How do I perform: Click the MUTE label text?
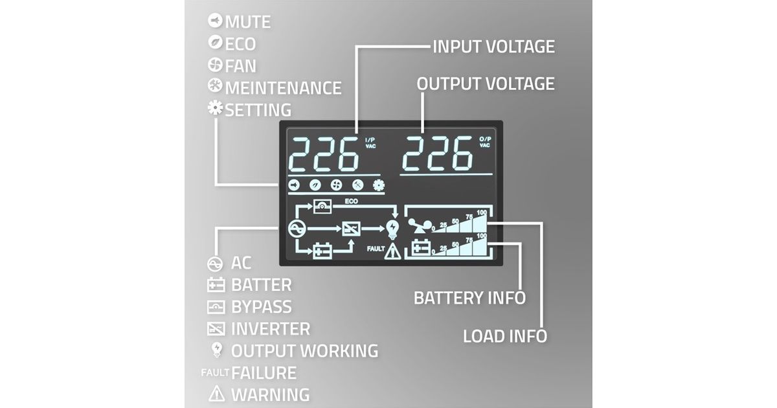248,22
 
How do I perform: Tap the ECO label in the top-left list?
240,44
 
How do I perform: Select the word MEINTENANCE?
283,87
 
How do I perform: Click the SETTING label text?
258,109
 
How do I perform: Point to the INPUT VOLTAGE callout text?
493,47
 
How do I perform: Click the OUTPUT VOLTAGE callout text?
486,84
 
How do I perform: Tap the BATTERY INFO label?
469,299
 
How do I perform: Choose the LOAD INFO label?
505,336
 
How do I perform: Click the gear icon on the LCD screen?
379,185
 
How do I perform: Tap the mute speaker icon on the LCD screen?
293,185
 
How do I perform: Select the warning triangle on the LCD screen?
392,251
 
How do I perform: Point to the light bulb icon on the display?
392,228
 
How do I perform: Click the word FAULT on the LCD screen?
376,249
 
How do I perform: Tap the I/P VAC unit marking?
370,142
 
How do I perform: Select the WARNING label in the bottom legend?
270,394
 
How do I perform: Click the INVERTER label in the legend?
270,329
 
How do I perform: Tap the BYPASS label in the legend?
261,307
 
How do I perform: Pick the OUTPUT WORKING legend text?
304,350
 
